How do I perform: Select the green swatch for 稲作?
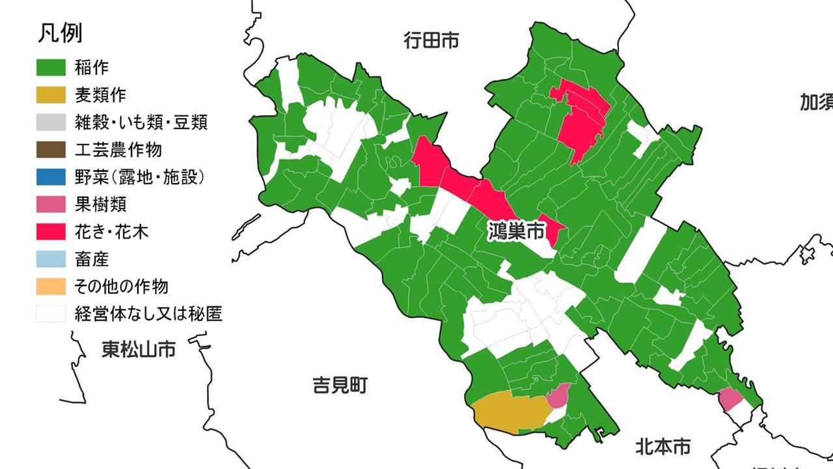(x=51, y=67)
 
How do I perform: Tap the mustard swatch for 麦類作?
(x=51, y=95)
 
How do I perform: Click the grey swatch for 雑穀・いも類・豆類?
(x=51, y=122)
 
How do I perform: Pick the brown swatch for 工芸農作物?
(x=51, y=150)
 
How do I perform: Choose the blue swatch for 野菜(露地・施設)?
(x=51, y=177)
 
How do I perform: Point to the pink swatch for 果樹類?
(x=51, y=205)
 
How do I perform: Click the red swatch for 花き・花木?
(x=51, y=232)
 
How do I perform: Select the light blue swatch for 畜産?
(x=51, y=259)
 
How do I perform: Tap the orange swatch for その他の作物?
(x=51, y=287)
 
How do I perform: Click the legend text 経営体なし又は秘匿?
(x=148, y=315)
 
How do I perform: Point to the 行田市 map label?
(x=431, y=41)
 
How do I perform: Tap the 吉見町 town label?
(x=340, y=386)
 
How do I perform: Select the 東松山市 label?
(x=139, y=350)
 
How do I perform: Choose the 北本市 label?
(x=662, y=448)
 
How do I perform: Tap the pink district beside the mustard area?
(x=559, y=395)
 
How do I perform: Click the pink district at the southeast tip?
(x=730, y=398)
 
